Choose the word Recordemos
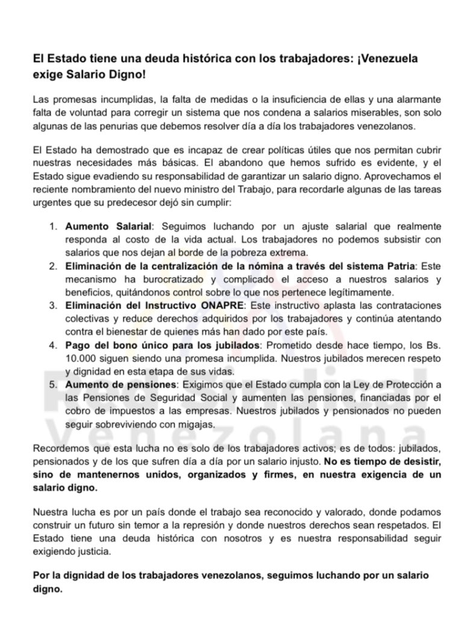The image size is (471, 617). [60, 450]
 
